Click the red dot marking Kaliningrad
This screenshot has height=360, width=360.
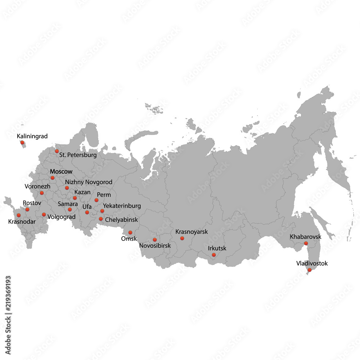(22, 143)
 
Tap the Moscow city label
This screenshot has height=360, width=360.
(61, 171)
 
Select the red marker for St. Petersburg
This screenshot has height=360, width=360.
(57, 152)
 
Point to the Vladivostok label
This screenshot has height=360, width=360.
(312, 264)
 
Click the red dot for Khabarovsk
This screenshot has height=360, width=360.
(306, 244)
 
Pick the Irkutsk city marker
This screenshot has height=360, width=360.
(213, 255)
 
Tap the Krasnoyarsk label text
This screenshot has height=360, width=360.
(192, 232)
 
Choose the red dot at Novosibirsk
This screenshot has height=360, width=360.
(155, 240)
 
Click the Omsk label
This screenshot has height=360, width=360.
(129, 239)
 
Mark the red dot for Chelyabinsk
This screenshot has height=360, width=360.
(101, 219)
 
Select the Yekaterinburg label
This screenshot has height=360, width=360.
(122, 206)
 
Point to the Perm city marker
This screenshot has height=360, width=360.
(96, 200)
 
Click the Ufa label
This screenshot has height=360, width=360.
(87, 207)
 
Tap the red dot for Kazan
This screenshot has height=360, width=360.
(75, 198)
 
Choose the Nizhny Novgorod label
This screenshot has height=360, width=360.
(89, 182)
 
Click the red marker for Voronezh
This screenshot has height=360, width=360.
(42, 193)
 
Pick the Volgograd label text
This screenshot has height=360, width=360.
(61, 217)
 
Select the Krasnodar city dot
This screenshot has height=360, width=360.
(19, 215)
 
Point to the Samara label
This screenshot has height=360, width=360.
(68, 204)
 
